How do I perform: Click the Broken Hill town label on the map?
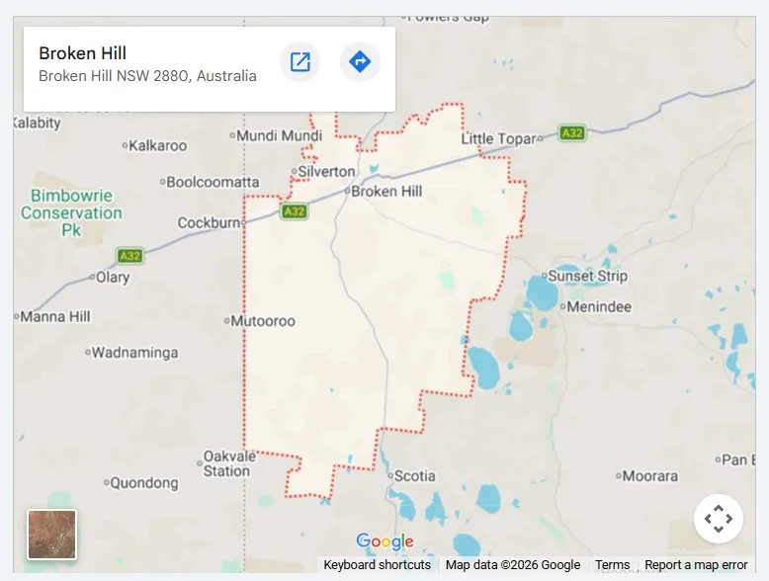387,192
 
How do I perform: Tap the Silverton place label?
326,172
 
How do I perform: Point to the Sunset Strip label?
587,277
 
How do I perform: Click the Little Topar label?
498,139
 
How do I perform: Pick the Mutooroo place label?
262,321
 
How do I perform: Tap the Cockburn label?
209,223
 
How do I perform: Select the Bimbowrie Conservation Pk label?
71,212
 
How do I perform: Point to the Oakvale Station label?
227,463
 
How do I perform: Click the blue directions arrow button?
360,62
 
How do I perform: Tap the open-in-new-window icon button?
300,62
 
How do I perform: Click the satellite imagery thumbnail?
52,535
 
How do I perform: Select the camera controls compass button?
718,519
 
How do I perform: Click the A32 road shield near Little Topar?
571,132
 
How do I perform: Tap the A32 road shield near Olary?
129,256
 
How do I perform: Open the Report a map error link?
696,565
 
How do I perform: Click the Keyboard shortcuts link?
377,565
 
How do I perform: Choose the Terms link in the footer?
612,565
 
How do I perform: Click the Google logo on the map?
384,541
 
